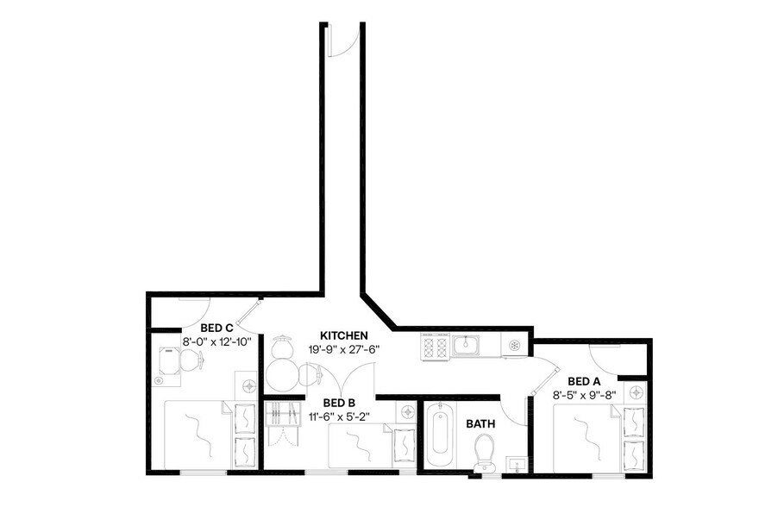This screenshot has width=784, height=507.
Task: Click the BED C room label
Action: [216, 328]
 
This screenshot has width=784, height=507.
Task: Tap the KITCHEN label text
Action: [344, 335]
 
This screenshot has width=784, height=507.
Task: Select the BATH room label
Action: [480, 424]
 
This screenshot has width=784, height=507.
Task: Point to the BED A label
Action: [585, 380]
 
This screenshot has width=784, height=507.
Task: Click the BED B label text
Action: [339, 403]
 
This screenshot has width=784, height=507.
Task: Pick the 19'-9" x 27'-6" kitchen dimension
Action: [344, 349]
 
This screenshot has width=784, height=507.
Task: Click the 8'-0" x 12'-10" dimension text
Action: [216, 341]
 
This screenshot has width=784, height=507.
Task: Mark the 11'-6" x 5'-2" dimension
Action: [339, 416]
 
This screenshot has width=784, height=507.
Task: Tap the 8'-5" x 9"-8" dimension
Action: [586, 395]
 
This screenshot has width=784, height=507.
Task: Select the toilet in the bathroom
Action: [485, 452]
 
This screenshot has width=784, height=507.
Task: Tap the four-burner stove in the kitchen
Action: [434, 347]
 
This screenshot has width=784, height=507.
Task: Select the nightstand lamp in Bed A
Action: [637, 391]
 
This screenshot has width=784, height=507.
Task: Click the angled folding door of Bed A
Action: [542, 374]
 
